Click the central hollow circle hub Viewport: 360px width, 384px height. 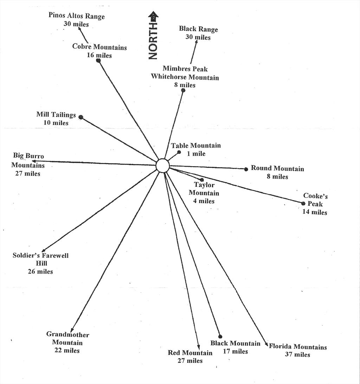(163, 165)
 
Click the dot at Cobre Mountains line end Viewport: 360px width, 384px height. (98, 60)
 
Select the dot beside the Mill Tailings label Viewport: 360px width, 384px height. (81, 117)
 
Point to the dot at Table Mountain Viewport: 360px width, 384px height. (179, 152)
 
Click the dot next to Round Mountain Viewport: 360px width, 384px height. (246, 169)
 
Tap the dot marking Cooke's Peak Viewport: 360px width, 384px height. (303, 203)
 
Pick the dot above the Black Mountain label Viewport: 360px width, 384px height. (220, 337)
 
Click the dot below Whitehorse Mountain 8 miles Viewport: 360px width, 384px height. (183, 90)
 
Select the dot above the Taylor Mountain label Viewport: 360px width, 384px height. (202, 180)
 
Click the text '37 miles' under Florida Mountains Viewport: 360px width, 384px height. (297, 354)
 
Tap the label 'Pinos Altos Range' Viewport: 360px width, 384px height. (76, 15)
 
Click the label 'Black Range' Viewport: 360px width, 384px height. (198, 29)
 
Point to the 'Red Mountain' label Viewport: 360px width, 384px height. (190, 353)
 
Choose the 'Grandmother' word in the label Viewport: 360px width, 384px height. (67, 334)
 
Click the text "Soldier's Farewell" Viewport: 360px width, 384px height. (41, 255)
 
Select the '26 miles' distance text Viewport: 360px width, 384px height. (40, 271)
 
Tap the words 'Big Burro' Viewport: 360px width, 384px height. (28, 156)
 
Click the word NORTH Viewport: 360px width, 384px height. (153, 41)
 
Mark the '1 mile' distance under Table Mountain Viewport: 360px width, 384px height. (196, 154)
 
